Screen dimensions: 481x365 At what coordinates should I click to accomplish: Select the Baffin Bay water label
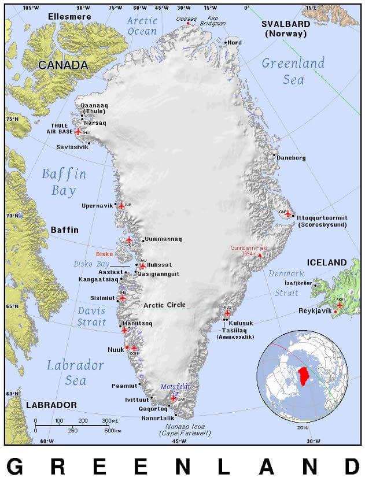pos(64,182)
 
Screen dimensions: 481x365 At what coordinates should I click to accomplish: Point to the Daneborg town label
pos(290,157)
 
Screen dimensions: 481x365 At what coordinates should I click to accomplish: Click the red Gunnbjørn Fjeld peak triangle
pos(260,255)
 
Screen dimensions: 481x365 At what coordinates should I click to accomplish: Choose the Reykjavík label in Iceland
pos(312,311)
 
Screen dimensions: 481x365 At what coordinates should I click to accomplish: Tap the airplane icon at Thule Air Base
pos(79,132)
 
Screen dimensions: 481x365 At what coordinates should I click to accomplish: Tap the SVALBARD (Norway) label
pos(286,28)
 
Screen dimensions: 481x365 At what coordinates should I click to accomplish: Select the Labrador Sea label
pos(75,373)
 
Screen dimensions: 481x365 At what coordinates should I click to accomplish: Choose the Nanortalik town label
pos(158,417)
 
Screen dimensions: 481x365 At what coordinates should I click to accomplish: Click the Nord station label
pos(234,43)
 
